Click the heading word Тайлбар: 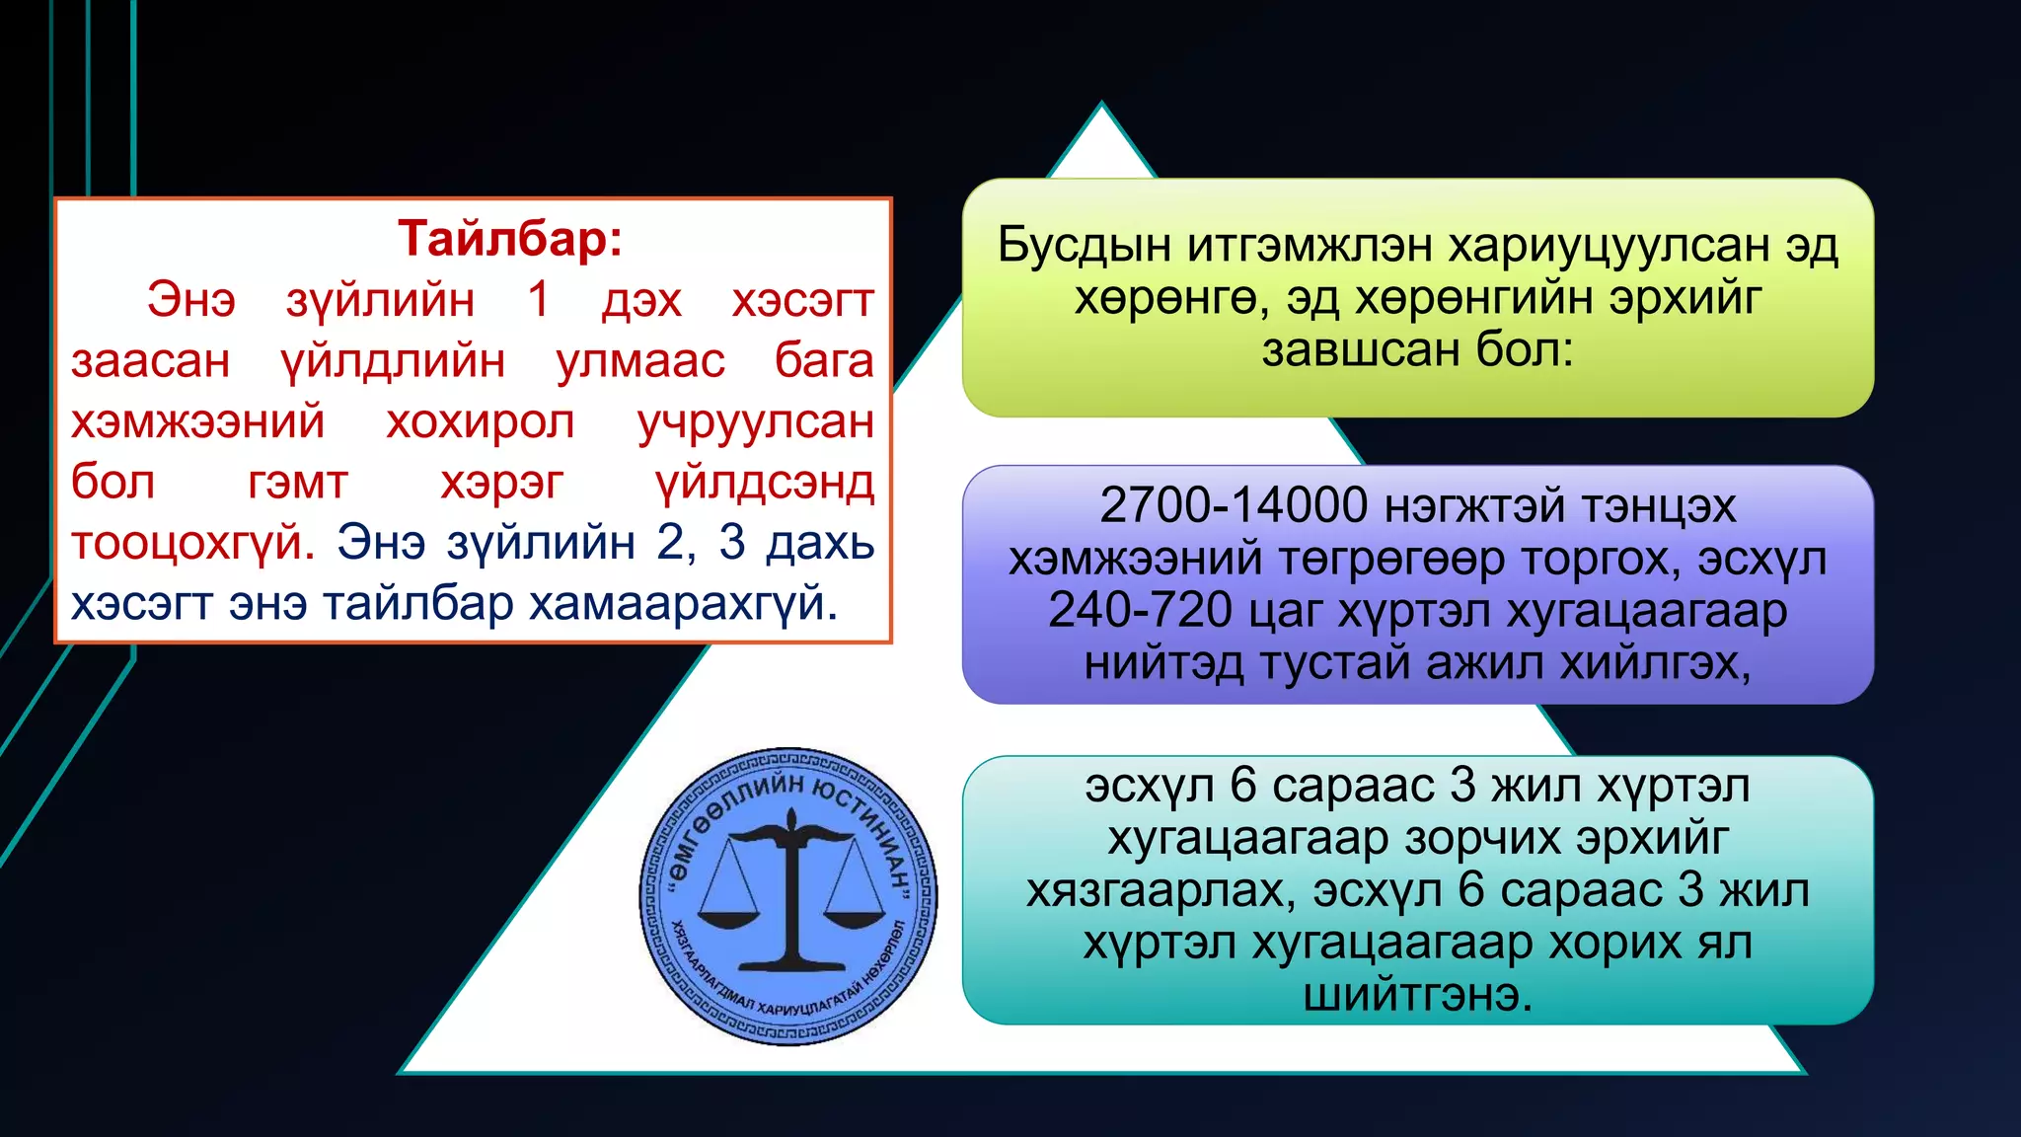pyautogui.click(x=510, y=239)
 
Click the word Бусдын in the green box pyautogui.click(x=1083, y=245)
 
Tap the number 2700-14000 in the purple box pyautogui.click(x=1233, y=505)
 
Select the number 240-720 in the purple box pyautogui.click(x=1140, y=610)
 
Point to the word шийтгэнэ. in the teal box pyautogui.click(x=1418, y=994)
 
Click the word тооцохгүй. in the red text pyautogui.click(x=192, y=543)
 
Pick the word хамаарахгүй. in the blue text pyautogui.click(x=683, y=603)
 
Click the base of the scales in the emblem pyautogui.click(x=790, y=958)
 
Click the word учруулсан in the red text pyautogui.click(x=755, y=422)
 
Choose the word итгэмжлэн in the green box pyautogui.click(x=1310, y=245)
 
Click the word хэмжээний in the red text pyautogui.click(x=197, y=422)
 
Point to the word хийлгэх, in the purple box pyautogui.click(x=1655, y=663)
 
